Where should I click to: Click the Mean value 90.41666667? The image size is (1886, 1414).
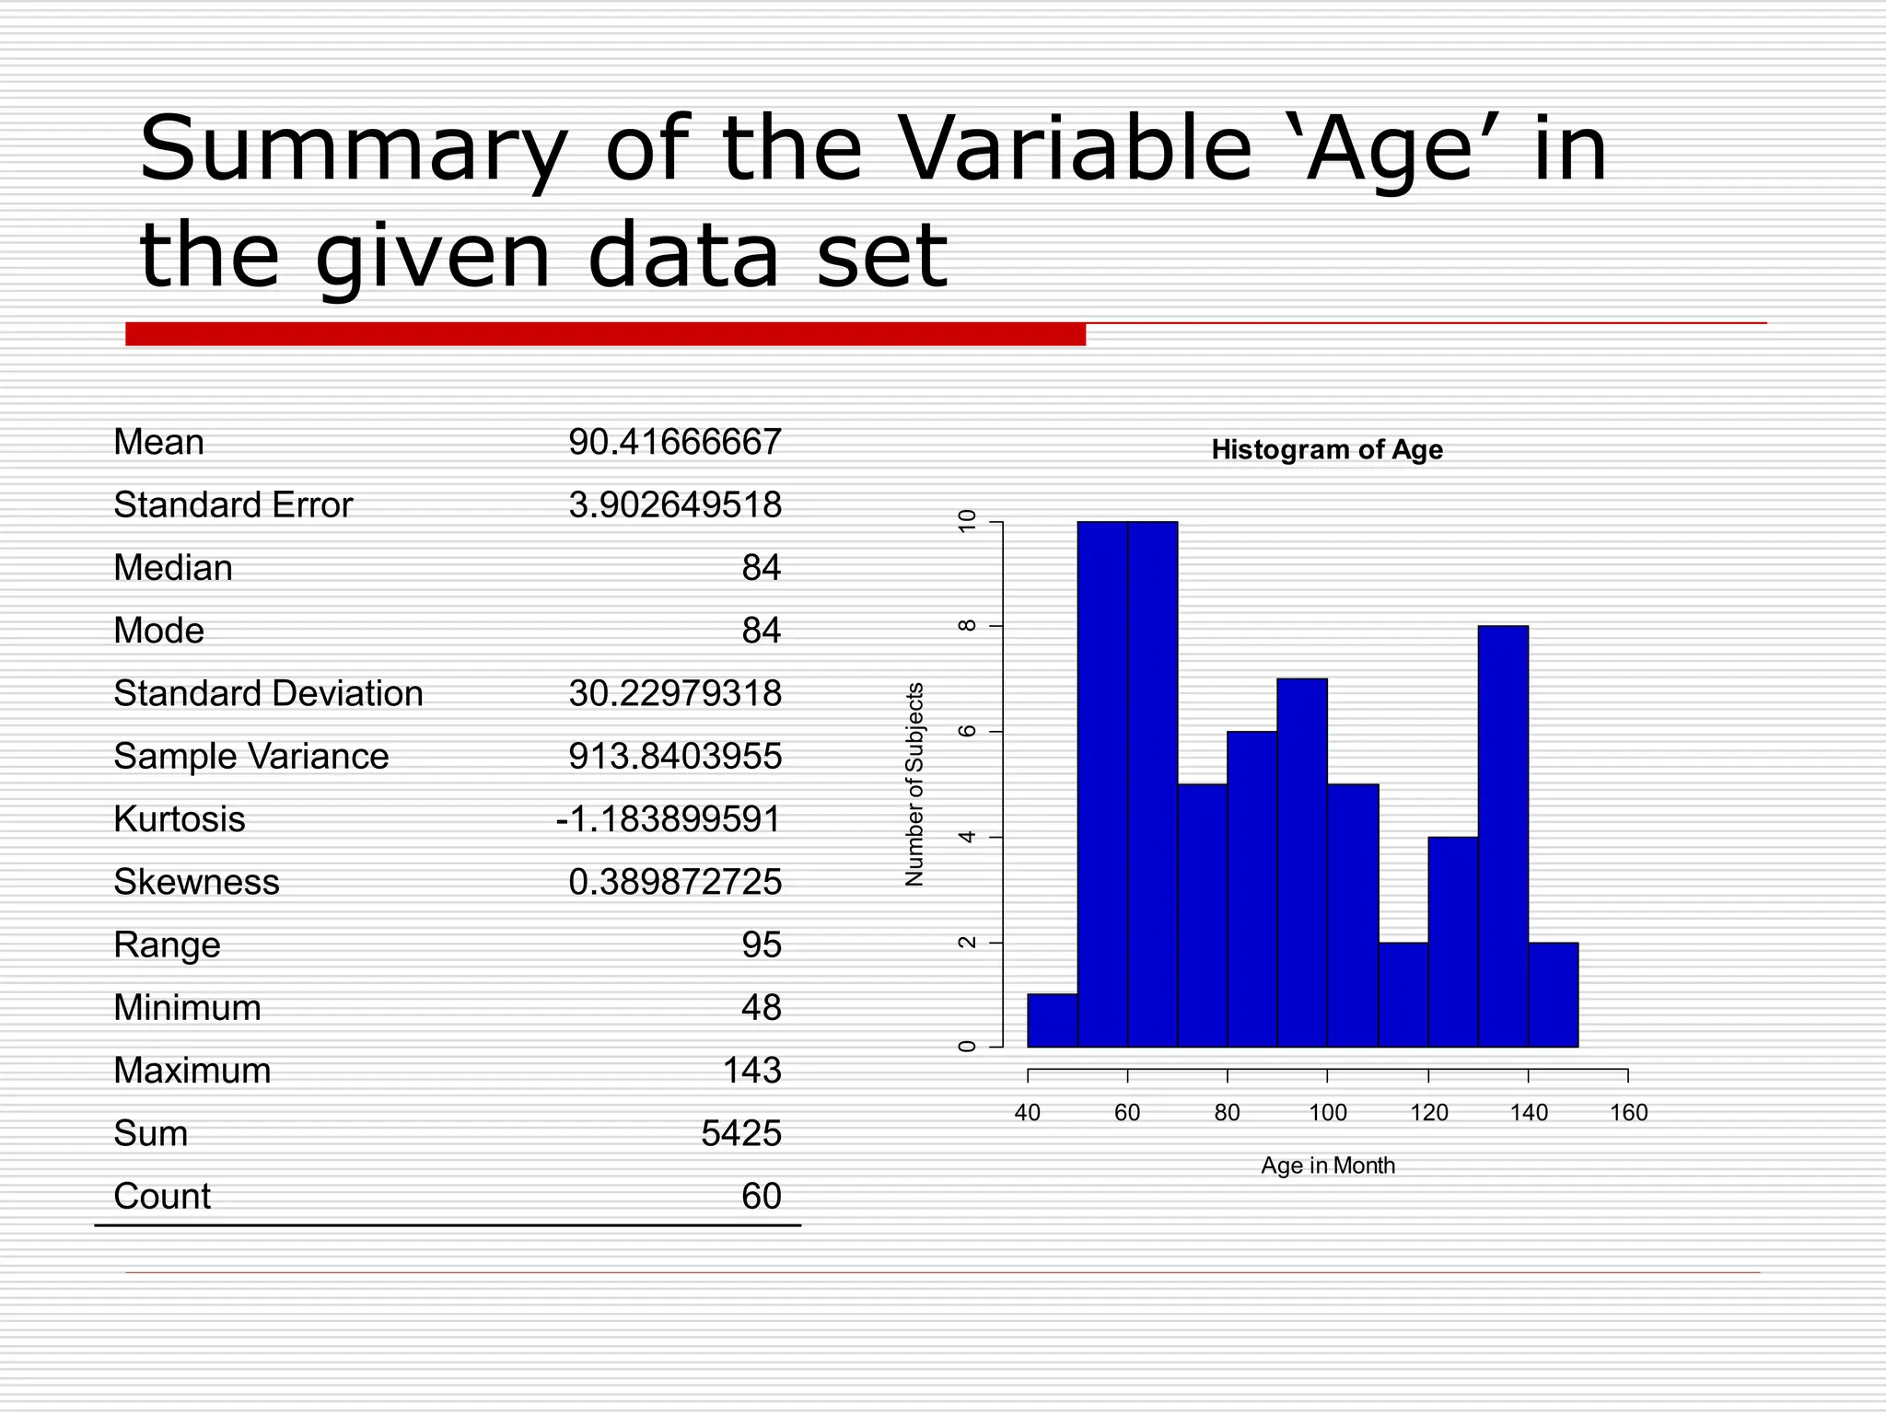click(674, 442)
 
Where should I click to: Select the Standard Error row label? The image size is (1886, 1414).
click(232, 504)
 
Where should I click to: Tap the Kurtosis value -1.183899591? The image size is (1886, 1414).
click(669, 818)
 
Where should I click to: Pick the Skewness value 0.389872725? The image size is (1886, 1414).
click(674, 882)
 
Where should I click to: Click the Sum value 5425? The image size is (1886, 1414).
click(740, 1133)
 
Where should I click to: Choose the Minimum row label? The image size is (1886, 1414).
click(187, 1007)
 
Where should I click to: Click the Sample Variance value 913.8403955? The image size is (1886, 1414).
click(674, 756)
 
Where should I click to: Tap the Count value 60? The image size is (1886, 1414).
click(761, 1196)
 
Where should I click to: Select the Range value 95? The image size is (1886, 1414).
click(761, 945)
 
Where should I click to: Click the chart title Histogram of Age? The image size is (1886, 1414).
click(1326, 449)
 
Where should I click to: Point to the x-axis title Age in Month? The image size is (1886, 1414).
click(1327, 1165)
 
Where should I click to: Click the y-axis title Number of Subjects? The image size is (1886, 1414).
click(914, 784)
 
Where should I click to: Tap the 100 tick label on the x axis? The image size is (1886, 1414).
click(1327, 1113)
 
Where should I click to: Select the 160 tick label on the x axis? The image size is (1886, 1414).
click(1628, 1113)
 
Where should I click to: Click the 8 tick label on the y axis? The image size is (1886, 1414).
click(966, 626)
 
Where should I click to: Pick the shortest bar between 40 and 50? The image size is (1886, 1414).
click(1052, 1021)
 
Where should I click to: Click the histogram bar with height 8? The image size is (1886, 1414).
click(1503, 836)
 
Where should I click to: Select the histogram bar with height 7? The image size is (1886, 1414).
click(1302, 863)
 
